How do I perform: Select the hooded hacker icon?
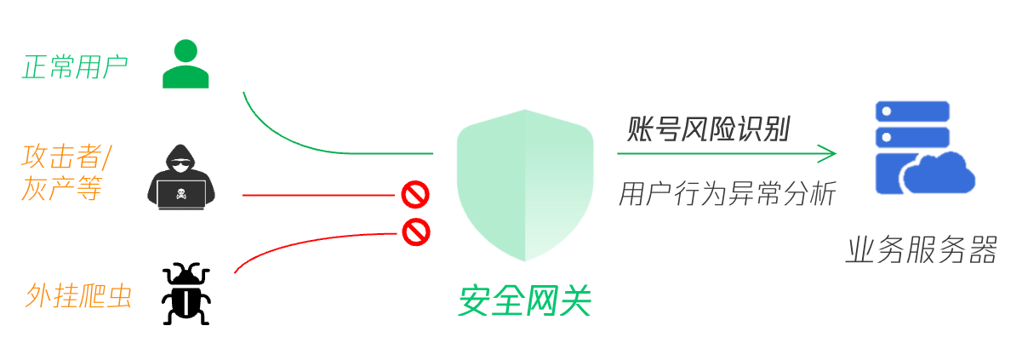tap(182, 177)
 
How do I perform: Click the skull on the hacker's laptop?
tap(182, 195)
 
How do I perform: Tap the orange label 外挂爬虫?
tap(79, 295)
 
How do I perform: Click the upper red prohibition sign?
tap(415, 195)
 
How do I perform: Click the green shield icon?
tap(524, 186)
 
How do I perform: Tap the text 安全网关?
tap(524, 302)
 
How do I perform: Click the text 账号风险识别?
tap(709, 130)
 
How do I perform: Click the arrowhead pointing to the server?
tap(827, 154)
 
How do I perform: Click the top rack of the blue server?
tap(912, 111)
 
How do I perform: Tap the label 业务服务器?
tap(921, 251)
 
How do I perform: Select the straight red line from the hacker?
tap(319, 195)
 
